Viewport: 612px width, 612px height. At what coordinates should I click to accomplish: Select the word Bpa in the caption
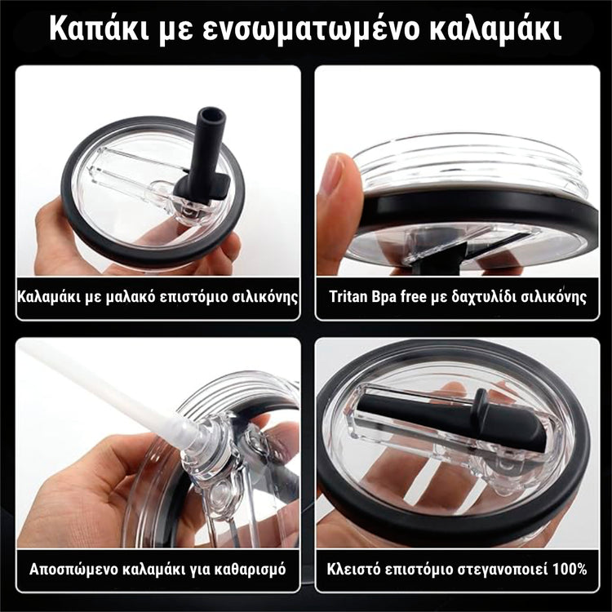394,295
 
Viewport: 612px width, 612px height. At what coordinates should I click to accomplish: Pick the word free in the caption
427,295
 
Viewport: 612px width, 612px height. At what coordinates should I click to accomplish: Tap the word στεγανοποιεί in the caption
501,569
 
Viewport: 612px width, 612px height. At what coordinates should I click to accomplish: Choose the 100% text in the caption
569,569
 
